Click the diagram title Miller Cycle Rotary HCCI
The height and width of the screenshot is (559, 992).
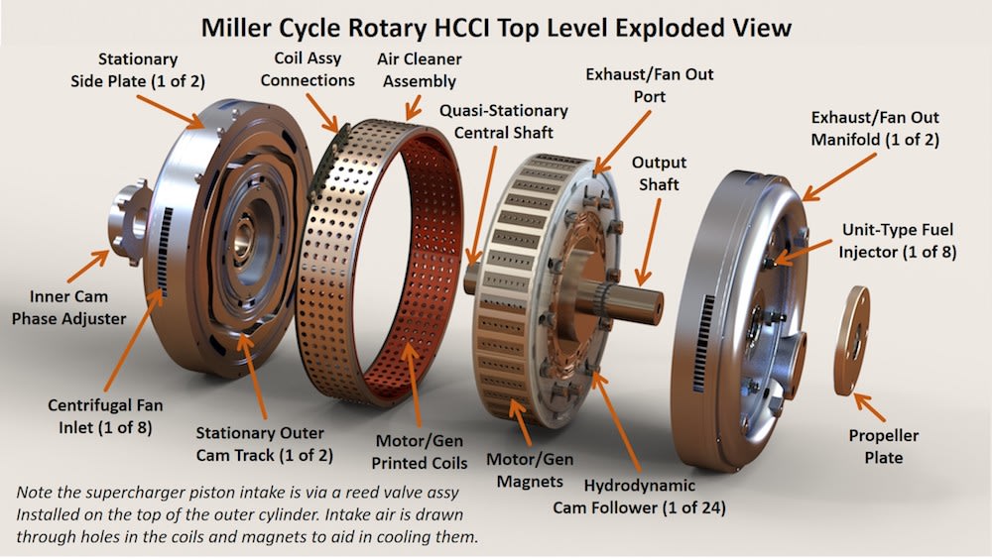click(x=496, y=27)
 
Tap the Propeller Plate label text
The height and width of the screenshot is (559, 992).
click(x=883, y=446)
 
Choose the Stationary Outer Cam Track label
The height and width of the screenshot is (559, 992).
click(x=264, y=444)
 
